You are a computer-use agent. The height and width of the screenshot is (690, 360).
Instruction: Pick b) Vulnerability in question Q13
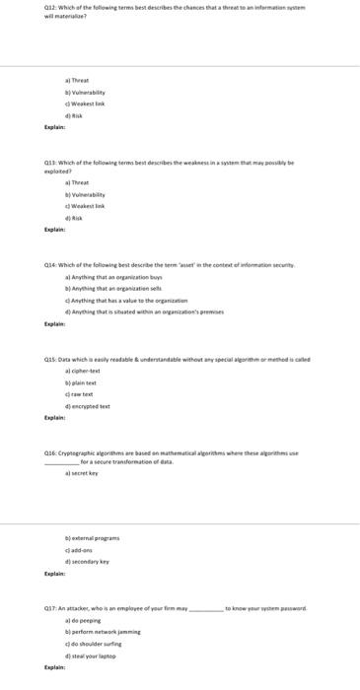pos(85,195)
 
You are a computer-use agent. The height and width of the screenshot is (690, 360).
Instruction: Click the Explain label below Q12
pos(55,128)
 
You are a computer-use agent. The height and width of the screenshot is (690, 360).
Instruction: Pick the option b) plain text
pos(80,383)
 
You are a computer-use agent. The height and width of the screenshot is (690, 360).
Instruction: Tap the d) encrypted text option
pos(88,406)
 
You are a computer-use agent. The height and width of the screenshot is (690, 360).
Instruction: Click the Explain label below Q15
pos(55,417)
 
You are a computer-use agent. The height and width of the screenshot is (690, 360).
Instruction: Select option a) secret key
pos(82,474)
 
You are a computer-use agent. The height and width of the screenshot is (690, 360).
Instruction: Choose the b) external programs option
pos(92,538)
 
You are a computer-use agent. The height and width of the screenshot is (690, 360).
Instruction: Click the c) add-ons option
pos(79,550)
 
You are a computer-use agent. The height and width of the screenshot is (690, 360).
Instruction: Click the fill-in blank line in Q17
pos(206,610)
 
